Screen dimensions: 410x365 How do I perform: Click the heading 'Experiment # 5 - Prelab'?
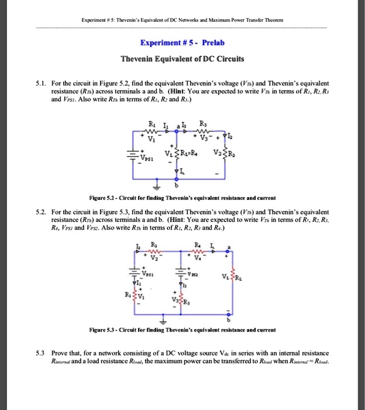point(182,43)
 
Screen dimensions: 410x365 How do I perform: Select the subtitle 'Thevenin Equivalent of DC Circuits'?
point(182,59)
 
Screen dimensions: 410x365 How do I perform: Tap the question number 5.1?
point(40,84)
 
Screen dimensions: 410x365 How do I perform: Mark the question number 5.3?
point(40,353)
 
